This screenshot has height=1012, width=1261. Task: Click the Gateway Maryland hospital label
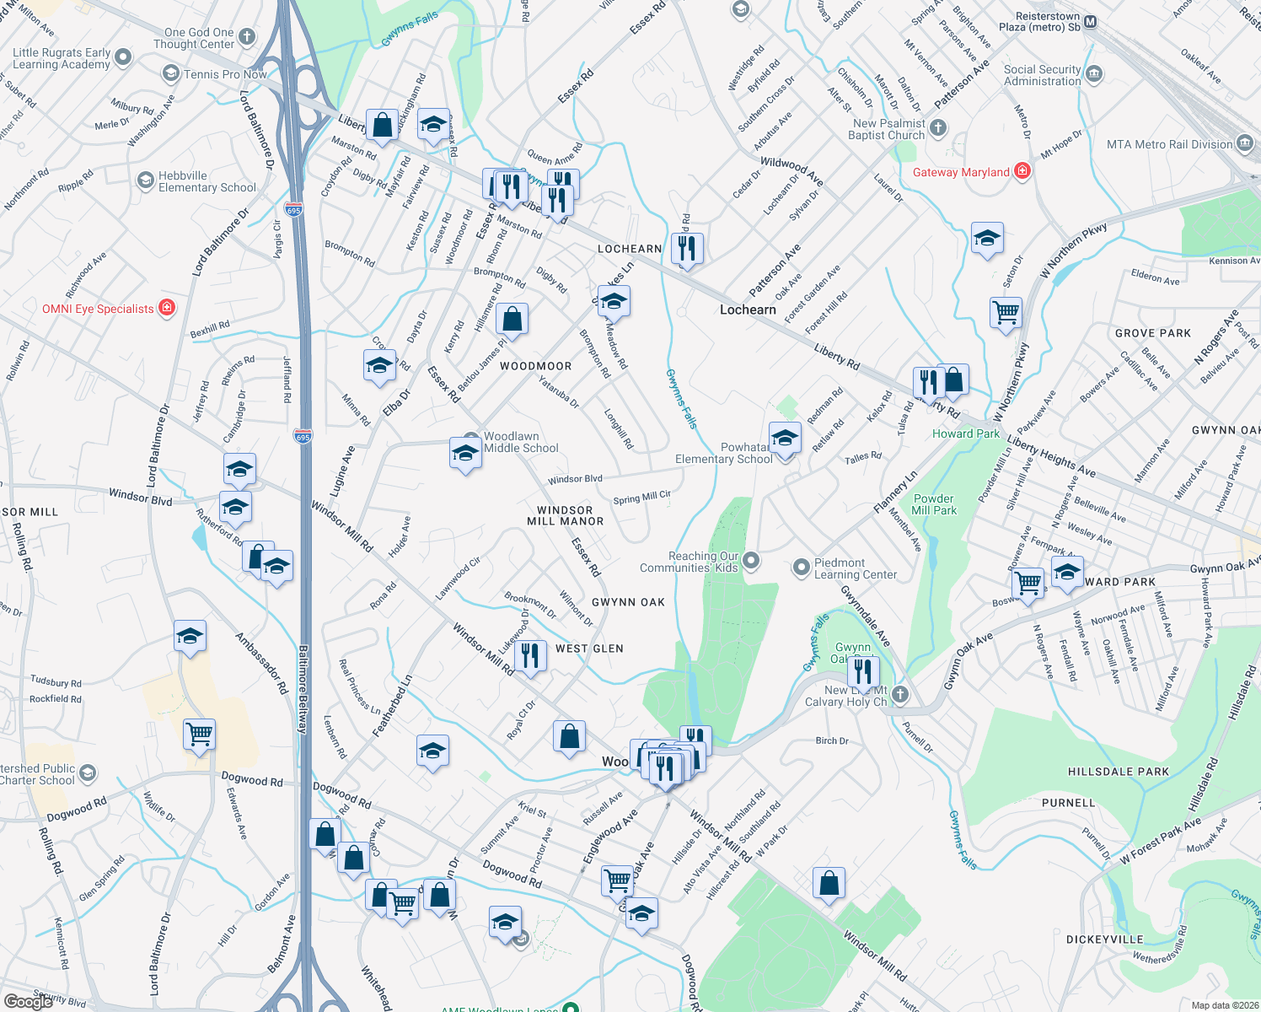961,172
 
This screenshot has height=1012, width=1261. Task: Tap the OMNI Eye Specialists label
99,309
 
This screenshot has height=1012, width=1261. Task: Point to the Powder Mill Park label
934,504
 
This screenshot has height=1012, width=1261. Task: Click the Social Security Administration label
1042,75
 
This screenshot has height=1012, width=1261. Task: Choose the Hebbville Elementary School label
207,182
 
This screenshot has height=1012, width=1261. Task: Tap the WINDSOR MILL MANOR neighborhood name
565,516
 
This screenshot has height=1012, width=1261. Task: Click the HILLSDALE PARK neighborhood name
1118,772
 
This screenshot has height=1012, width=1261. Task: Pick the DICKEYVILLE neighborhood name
1104,939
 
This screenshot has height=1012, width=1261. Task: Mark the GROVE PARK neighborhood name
1152,333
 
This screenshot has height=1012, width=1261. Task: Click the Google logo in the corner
28,1002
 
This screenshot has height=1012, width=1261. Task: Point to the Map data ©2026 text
1225,1005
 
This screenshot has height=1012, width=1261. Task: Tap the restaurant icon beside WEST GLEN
530,654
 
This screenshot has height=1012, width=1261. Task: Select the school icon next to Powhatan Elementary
785,439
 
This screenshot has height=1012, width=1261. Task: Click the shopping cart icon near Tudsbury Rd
200,735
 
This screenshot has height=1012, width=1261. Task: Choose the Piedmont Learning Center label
855,568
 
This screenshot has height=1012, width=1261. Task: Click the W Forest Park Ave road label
1161,841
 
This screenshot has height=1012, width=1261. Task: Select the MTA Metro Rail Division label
1169,144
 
